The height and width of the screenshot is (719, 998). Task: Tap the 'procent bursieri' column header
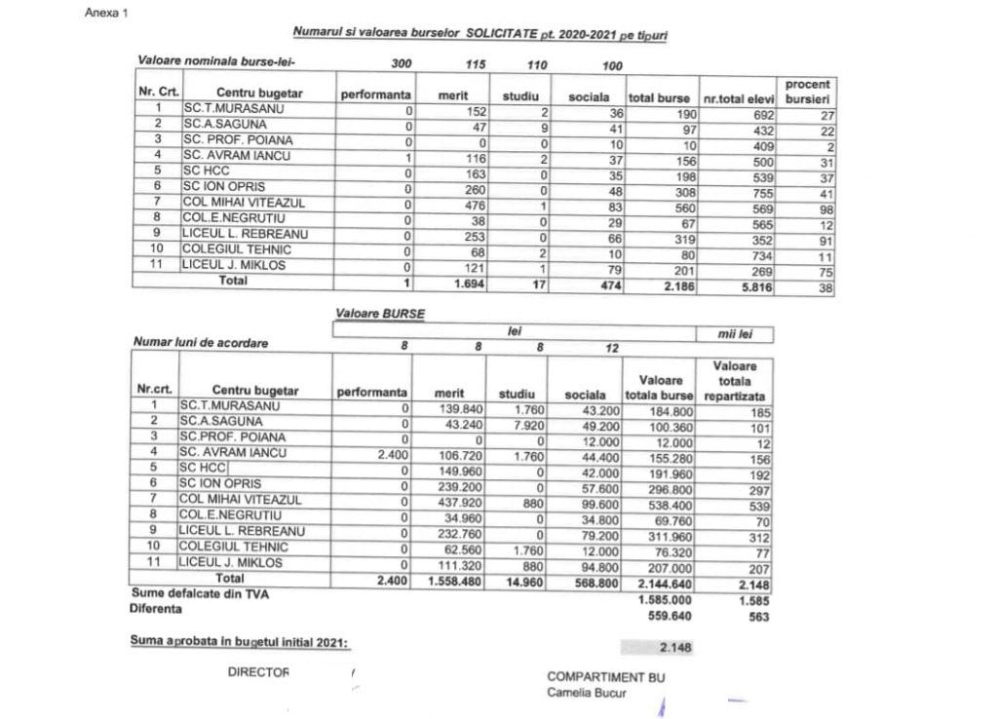click(807, 92)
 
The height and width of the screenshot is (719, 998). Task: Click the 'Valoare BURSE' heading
click(380, 315)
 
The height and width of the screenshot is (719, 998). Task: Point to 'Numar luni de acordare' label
click(200, 343)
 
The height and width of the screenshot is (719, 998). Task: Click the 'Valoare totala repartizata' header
click(737, 381)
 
